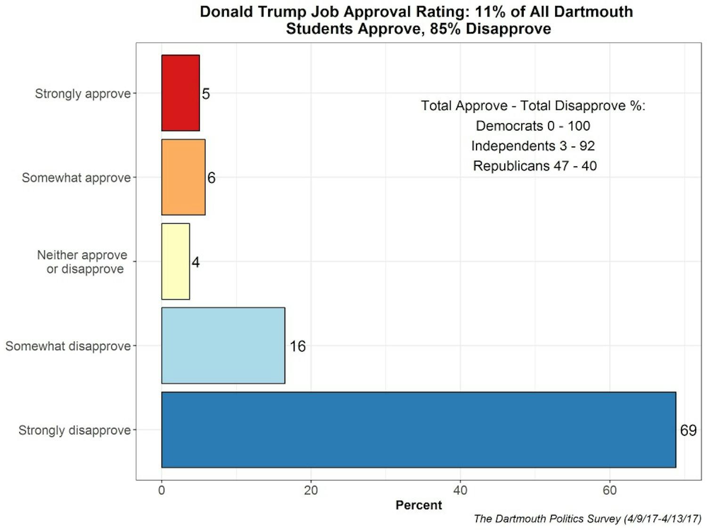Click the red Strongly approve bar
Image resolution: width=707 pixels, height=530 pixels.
click(x=181, y=93)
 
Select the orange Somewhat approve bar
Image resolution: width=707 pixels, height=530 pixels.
click(x=183, y=177)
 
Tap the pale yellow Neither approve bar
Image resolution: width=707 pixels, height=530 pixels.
click(x=175, y=261)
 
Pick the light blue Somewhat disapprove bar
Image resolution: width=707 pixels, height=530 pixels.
click(x=223, y=345)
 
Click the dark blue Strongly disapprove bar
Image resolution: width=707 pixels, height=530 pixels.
click(x=419, y=430)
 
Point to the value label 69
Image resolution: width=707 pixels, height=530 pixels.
click(x=688, y=430)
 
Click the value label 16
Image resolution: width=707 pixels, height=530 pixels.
click(x=297, y=346)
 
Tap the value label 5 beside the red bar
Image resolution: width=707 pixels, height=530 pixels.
click(x=206, y=94)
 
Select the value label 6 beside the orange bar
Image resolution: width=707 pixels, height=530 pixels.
click(x=211, y=178)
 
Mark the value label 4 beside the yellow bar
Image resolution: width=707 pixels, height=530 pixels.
click(x=196, y=262)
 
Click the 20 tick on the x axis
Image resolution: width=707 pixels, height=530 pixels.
click(x=311, y=490)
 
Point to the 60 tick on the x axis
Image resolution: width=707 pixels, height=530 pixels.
click(x=609, y=490)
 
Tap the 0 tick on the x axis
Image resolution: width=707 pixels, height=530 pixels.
click(x=162, y=490)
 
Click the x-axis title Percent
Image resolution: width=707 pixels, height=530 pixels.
click(x=419, y=505)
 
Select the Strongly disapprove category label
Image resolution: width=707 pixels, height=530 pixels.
click(x=74, y=430)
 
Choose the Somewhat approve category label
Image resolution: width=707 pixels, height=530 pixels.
click(x=76, y=178)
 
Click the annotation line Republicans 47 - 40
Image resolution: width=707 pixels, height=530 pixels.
click(x=534, y=166)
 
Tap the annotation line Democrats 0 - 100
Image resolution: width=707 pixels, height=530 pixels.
click(x=533, y=126)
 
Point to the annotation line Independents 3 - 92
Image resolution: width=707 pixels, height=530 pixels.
click(x=533, y=146)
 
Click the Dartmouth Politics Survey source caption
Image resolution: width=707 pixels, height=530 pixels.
click(x=587, y=519)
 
